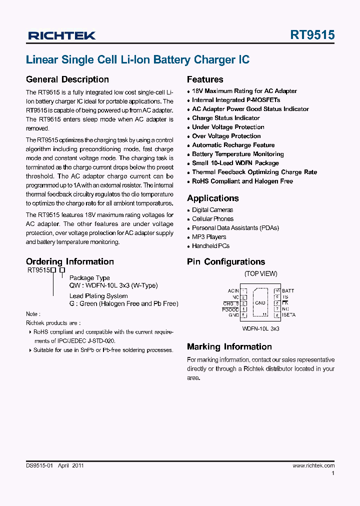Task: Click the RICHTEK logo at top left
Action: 62,35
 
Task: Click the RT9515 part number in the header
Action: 312,35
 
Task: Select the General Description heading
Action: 67,79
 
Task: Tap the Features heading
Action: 205,79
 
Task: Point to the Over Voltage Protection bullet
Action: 226,136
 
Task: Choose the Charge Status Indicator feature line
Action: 226,118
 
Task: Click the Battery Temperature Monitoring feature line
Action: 237,154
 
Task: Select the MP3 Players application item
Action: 209,237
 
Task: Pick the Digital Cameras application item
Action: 212,210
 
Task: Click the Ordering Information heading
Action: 69,261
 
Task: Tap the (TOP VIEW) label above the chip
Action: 260,274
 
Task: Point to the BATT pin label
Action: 288,291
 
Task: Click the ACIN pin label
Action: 233,291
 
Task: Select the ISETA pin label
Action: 288,315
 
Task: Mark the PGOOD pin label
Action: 230,309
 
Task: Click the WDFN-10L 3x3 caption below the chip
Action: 260,329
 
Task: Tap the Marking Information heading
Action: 229,346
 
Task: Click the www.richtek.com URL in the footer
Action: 313,465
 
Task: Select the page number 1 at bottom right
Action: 333,473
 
